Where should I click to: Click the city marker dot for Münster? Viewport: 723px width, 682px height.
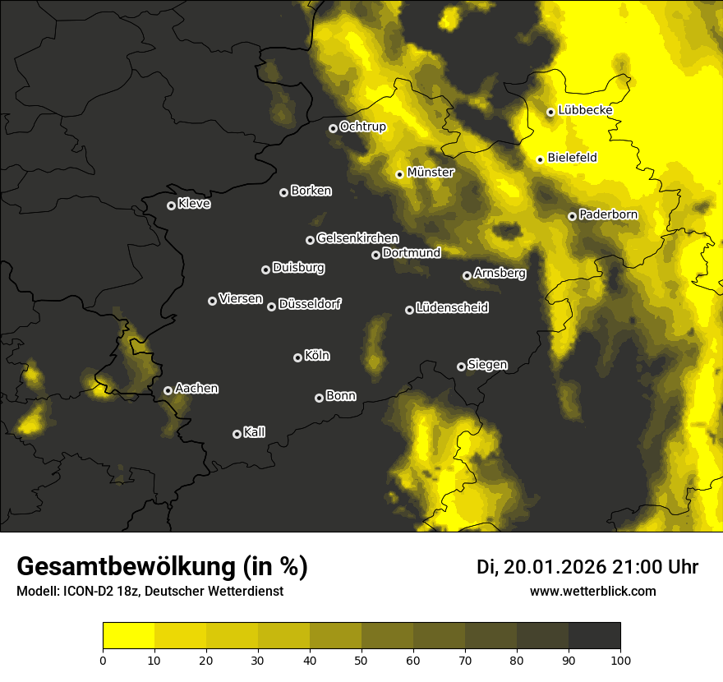pyautogui.click(x=399, y=174)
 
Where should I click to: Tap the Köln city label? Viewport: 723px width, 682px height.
pyautogui.click(x=317, y=356)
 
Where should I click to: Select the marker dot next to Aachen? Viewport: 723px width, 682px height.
pyautogui.click(x=168, y=390)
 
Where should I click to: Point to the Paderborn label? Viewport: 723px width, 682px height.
pyautogui.click(x=608, y=214)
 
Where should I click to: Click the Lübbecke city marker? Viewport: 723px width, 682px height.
pyautogui.click(x=550, y=112)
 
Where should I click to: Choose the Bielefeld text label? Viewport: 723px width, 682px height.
pyautogui.click(x=572, y=157)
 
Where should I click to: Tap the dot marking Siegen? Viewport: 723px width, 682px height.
pyautogui.click(x=461, y=366)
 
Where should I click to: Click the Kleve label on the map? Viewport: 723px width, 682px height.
pyautogui.click(x=194, y=204)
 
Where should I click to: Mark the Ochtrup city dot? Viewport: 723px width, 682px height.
pyautogui.click(x=333, y=128)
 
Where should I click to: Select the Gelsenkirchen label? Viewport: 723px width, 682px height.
pyautogui.click(x=357, y=238)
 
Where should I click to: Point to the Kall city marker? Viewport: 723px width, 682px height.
pyautogui.click(x=237, y=434)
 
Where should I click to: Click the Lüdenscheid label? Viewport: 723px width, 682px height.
pyautogui.click(x=452, y=308)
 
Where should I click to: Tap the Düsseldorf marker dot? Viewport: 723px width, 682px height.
pyautogui.click(x=271, y=306)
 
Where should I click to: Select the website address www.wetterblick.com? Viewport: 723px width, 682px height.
pyautogui.click(x=592, y=591)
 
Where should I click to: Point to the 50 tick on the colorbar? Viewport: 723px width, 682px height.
pyautogui.click(x=361, y=659)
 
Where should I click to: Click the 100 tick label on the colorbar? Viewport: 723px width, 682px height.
pyautogui.click(x=620, y=659)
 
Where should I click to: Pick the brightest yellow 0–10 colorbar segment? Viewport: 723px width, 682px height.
pyautogui.click(x=129, y=636)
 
